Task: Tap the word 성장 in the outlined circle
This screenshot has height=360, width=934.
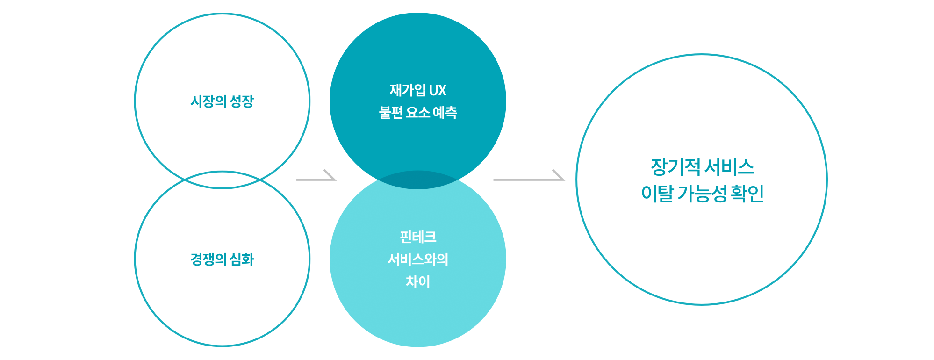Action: (x=242, y=101)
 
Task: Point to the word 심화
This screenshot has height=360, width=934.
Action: (x=242, y=259)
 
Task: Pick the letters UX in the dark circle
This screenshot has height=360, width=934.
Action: (x=438, y=90)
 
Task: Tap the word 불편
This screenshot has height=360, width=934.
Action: (x=391, y=112)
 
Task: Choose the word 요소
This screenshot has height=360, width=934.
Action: (x=418, y=112)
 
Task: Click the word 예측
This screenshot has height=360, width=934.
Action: (x=445, y=112)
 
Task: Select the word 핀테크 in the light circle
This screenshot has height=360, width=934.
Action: (x=418, y=237)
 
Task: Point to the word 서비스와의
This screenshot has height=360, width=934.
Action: (x=418, y=259)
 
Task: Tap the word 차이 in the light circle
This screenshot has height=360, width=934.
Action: (x=418, y=281)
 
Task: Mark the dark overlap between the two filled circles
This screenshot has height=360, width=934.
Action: (x=418, y=180)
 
